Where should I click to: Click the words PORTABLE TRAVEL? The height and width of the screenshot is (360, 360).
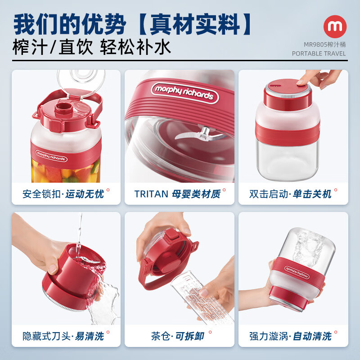click(x=319, y=53)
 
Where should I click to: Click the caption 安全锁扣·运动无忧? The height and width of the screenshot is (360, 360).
click(x=63, y=194)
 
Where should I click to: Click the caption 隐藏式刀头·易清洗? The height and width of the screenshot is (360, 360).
click(x=63, y=336)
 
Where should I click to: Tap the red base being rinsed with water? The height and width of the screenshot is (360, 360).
click(x=76, y=274)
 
